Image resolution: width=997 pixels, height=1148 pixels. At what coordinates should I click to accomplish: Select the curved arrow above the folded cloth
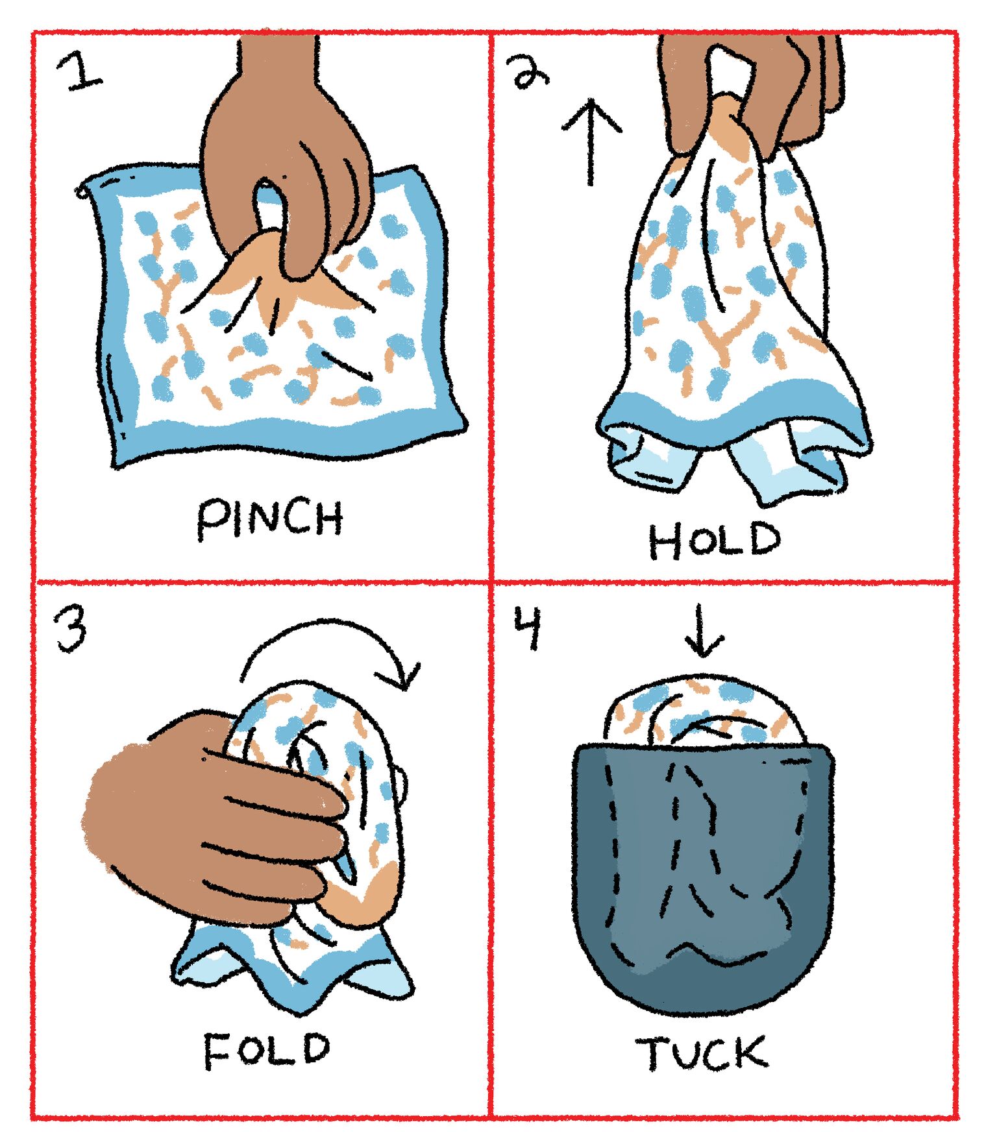pos(331,649)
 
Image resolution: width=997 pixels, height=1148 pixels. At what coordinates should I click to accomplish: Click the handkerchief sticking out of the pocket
pos(704,711)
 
